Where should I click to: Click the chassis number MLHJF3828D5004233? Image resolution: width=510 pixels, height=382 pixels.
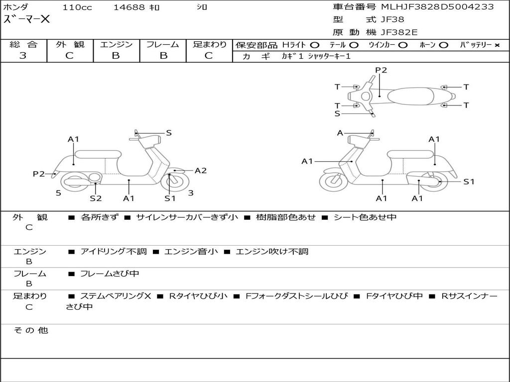(x=437, y=6)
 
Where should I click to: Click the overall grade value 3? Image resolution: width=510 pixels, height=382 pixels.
(x=23, y=56)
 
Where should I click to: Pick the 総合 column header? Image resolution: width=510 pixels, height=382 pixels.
(x=23, y=44)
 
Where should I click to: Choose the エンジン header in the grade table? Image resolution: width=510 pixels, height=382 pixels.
(x=116, y=44)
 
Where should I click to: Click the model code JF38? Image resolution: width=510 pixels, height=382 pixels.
(x=392, y=20)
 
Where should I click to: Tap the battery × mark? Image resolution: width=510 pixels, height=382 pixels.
(x=497, y=45)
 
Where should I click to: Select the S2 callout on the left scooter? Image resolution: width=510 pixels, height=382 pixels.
(x=96, y=198)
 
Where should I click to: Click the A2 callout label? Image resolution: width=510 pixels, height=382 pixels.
(x=200, y=171)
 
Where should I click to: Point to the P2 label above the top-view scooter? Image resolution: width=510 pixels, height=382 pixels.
(x=381, y=70)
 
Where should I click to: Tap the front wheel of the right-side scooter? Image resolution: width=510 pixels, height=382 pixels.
(x=333, y=182)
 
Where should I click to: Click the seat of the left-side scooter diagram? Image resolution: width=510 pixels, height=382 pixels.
(x=98, y=154)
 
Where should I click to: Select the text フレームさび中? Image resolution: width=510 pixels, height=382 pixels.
(x=110, y=274)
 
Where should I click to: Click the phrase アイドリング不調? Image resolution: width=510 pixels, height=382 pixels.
(x=114, y=252)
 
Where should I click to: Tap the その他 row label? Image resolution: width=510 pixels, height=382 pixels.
(x=30, y=330)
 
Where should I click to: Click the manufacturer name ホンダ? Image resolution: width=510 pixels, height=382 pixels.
(x=16, y=7)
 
